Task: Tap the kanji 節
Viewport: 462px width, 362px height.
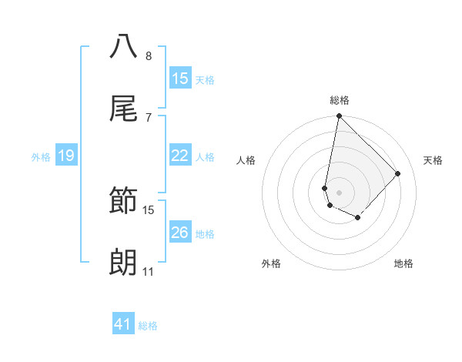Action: click(x=124, y=202)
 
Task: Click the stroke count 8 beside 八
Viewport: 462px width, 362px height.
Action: click(x=149, y=55)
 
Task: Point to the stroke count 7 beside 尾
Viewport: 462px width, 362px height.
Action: click(x=149, y=117)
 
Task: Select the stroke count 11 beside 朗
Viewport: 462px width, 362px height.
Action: click(x=149, y=272)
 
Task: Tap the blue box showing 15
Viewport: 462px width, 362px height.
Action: click(x=179, y=79)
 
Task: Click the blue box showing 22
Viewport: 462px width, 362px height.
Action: click(x=179, y=156)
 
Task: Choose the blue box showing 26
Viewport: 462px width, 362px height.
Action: click(x=179, y=233)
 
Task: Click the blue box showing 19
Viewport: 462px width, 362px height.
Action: click(x=65, y=156)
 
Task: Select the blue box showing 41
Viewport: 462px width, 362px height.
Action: click(x=123, y=325)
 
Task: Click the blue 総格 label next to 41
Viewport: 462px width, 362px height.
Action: click(x=148, y=326)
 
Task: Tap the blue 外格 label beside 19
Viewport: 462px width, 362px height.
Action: click(x=41, y=157)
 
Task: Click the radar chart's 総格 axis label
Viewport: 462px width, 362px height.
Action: click(x=340, y=100)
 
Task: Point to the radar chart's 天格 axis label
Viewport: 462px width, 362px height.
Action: click(x=433, y=160)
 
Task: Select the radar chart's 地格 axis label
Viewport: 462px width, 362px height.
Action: click(x=403, y=263)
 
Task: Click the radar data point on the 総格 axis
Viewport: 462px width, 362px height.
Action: click(x=339, y=116)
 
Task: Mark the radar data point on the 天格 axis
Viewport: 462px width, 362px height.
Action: click(x=398, y=173)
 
